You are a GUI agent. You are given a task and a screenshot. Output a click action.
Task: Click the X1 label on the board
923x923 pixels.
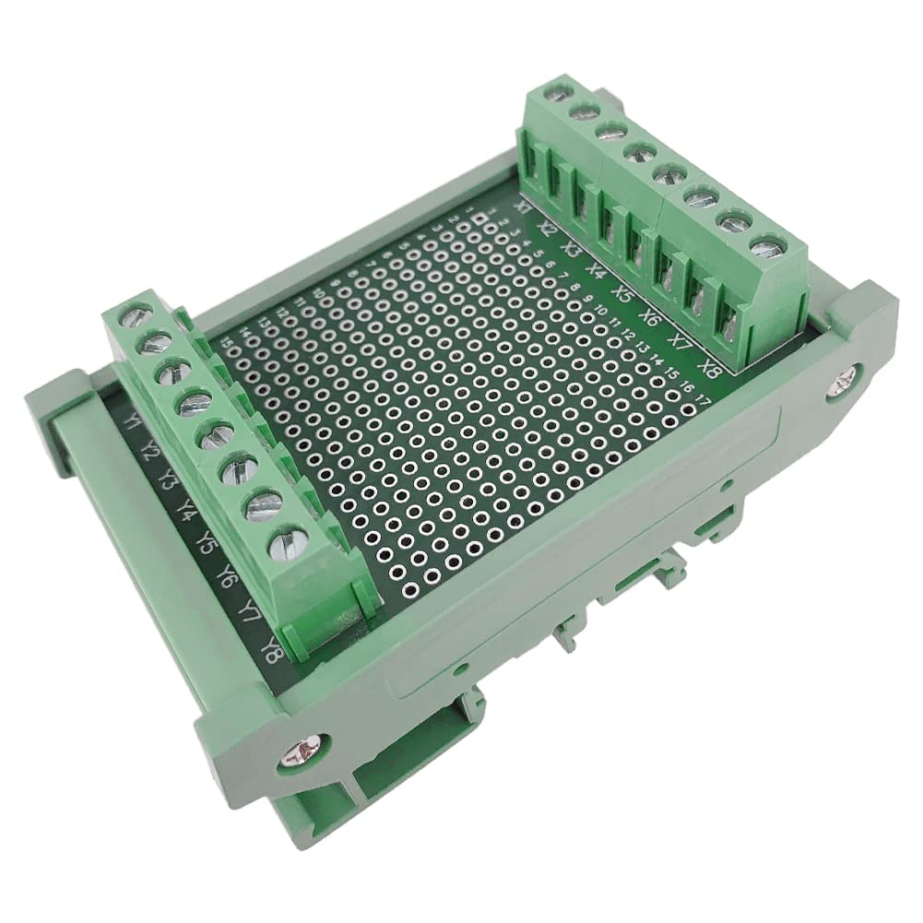click(523, 207)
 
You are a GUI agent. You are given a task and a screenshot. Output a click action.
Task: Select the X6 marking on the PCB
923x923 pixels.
click(651, 318)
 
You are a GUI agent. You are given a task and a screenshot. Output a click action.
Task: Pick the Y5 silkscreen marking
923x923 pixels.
click(207, 543)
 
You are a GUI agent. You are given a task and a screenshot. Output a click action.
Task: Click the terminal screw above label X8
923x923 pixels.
click(763, 248)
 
